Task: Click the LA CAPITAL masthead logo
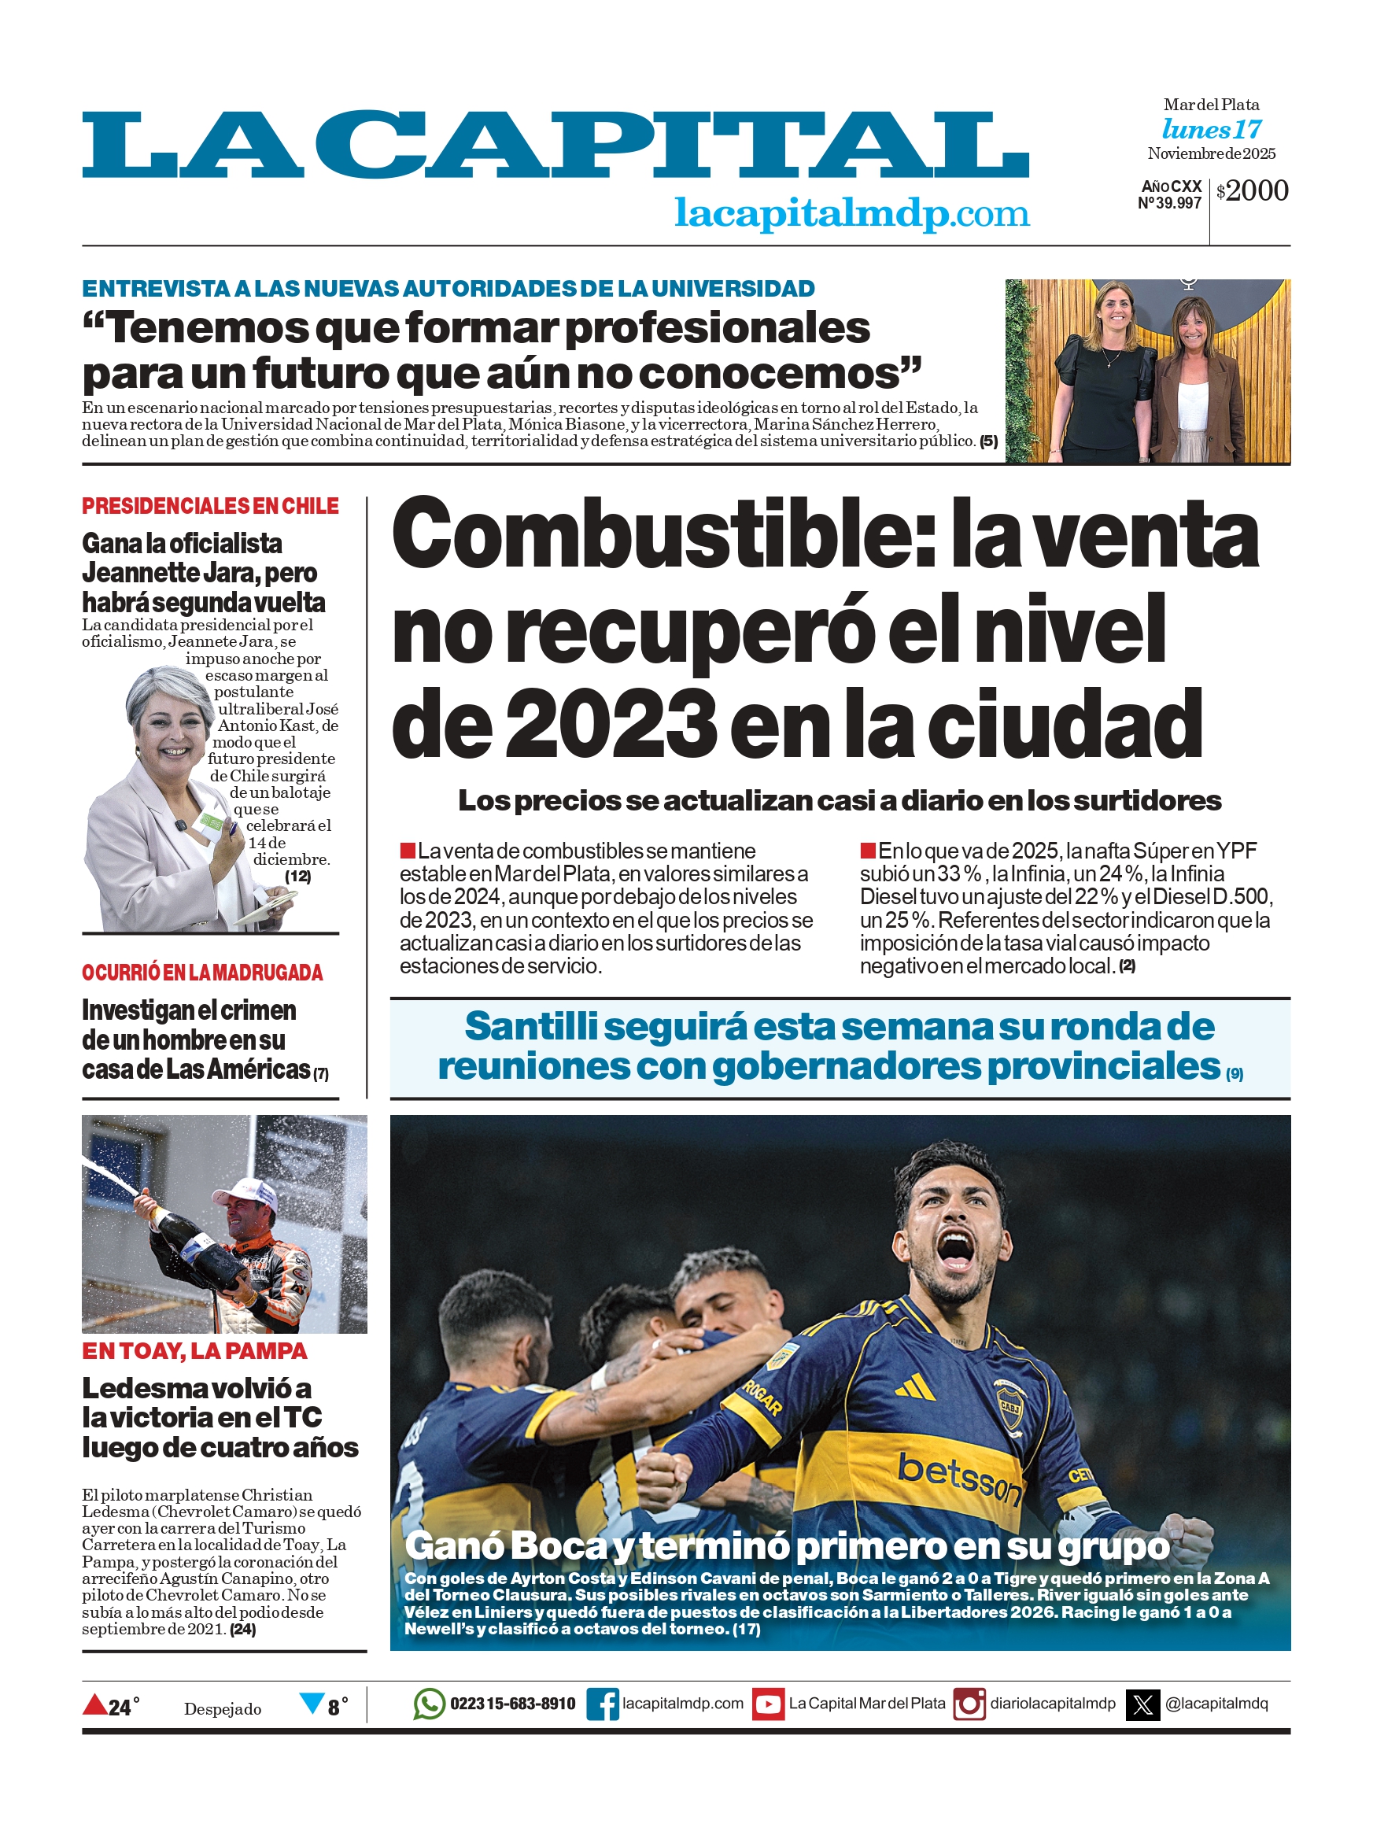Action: point(554,145)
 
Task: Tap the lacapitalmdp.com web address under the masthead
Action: point(851,212)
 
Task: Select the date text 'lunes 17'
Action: point(1211,130)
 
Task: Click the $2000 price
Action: point(1252,190)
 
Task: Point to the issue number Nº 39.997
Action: point(1168,203)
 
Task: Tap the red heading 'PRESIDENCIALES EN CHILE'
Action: point(209,505)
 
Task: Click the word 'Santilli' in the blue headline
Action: point(531,1026)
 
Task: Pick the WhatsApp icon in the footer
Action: point(429,1704)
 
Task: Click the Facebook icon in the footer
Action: point(602,1704)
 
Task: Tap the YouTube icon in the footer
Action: point(768,1704)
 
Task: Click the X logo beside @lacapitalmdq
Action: point(1142,1704)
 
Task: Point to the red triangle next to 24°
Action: point(95,1703)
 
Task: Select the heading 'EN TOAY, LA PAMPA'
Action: point(194,1350)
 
